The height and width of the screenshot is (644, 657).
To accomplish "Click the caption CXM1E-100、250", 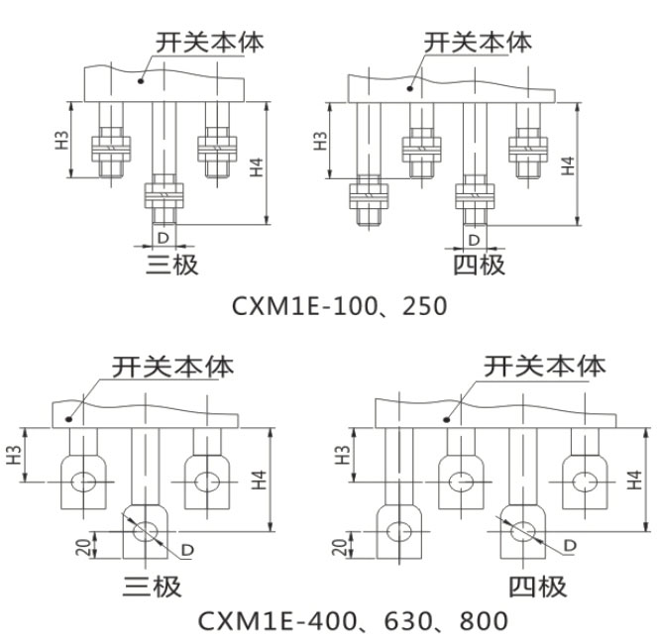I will pos(339,306).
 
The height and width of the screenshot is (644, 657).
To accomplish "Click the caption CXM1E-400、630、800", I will pos(353,621).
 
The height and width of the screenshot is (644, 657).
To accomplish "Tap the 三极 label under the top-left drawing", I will pos(172,265).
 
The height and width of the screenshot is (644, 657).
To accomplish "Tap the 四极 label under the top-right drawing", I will pos(479,265).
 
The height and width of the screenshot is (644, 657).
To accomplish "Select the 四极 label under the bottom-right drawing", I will pos(538,587).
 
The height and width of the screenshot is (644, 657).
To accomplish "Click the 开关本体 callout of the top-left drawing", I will pos(209,42).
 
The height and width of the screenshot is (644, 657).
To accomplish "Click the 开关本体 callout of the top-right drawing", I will pos(478,42).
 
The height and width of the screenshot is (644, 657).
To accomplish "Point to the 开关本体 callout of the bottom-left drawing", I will pos(173,367).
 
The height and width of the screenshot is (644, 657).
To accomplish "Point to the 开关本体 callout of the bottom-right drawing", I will pos(543,367).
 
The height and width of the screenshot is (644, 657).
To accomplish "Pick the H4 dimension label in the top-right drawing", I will pos(567,164).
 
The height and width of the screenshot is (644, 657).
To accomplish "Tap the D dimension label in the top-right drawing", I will pos(474,239).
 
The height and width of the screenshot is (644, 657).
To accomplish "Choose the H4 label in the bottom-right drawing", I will pos(635,481).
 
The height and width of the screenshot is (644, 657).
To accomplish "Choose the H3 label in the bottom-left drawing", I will pos(15,456).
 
